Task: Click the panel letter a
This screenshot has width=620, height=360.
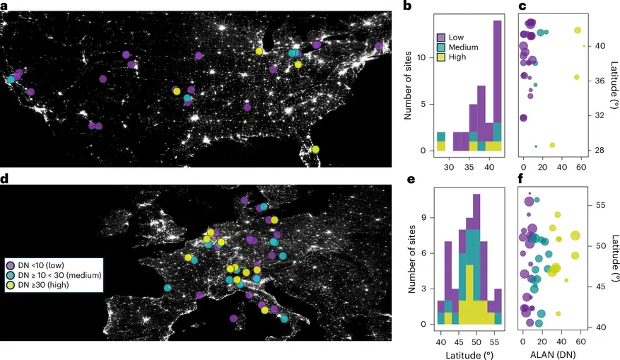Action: [4, 7]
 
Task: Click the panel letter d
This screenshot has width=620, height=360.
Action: [4, 179]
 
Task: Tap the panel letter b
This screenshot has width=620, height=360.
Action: [406, 7]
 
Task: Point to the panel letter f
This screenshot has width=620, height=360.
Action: [522, 179]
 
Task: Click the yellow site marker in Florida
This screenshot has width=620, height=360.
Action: [315, 149]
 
